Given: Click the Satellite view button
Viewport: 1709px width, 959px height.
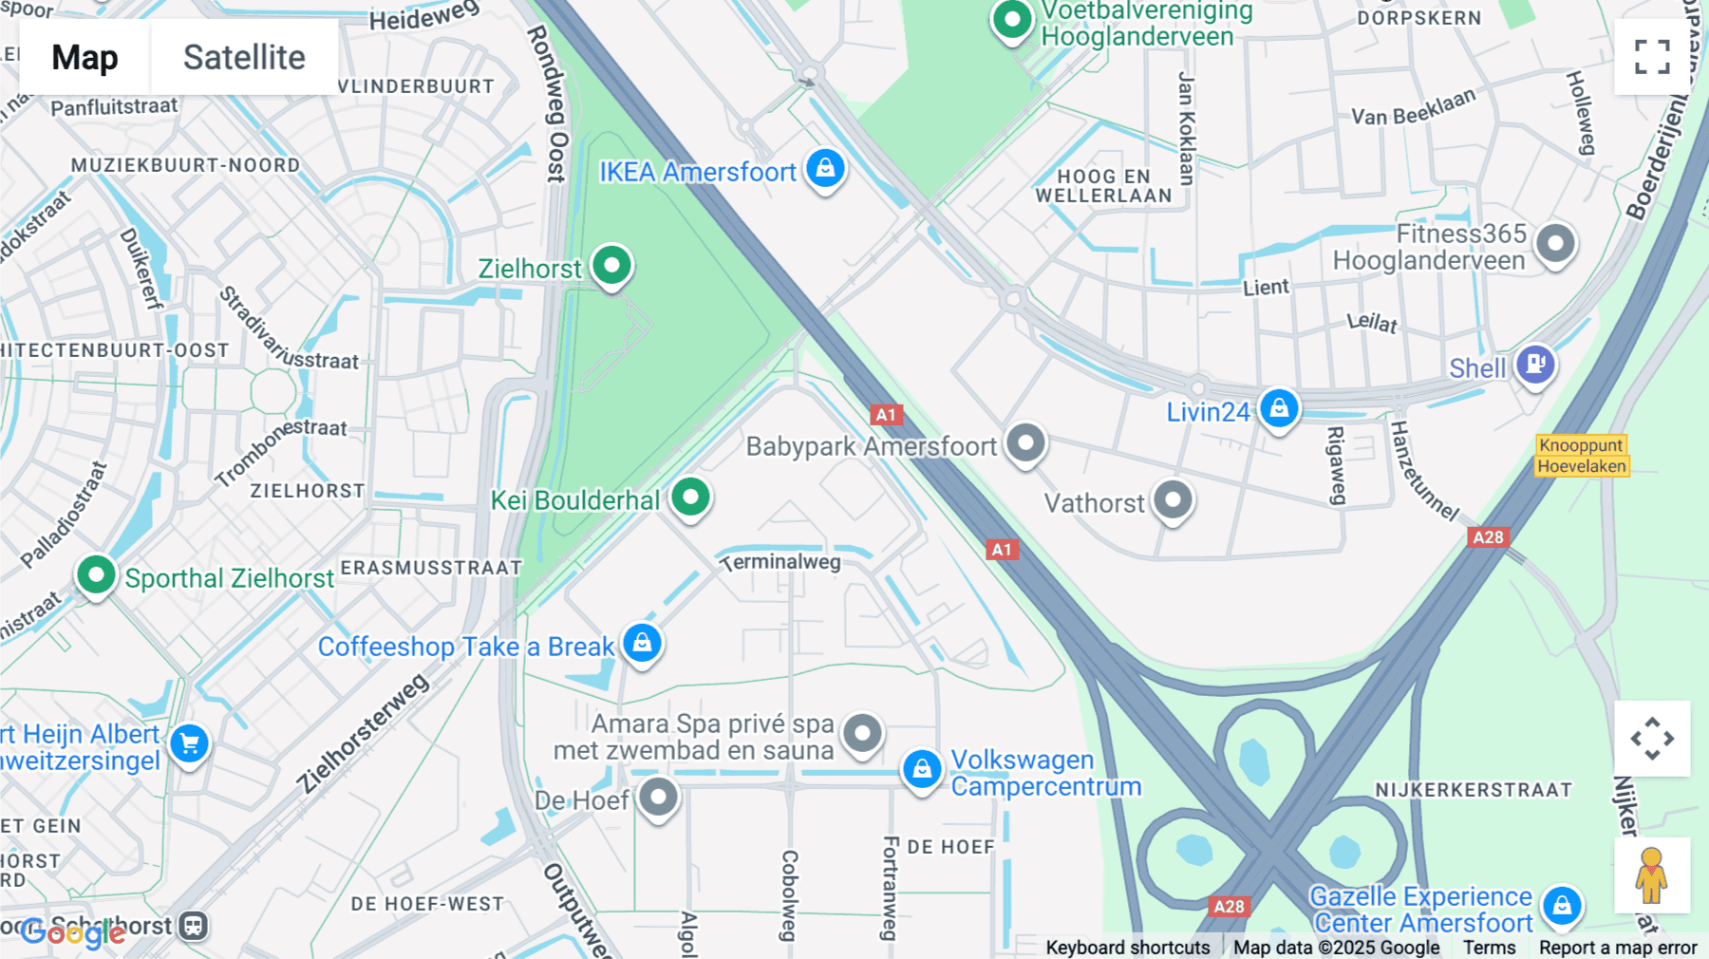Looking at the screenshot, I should [244, 57].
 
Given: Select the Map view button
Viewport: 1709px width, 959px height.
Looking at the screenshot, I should [85, 57].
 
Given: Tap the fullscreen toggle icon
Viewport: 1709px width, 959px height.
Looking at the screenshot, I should [1652, 57].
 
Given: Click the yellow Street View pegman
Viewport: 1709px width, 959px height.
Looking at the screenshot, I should [1652, 874].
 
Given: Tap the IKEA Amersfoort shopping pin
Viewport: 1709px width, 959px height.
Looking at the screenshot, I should [826, 169].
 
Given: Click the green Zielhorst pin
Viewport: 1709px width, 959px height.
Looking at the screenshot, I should [612, 266].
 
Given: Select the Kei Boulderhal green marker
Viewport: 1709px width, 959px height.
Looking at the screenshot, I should [690, 497].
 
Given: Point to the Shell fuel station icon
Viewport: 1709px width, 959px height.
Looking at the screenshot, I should [1535, 364].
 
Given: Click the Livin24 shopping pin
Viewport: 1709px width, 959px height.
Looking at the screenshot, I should [1279, 409].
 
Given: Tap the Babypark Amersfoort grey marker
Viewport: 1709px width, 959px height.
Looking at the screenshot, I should [1025, 443].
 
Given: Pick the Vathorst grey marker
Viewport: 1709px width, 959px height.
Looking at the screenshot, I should [1173, 500].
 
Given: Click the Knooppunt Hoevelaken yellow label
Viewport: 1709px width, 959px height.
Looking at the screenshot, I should [1582, 456].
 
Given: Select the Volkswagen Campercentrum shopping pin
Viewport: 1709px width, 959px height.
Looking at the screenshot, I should [922, 769].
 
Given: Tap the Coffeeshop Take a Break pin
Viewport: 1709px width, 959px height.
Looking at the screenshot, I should [642, 644].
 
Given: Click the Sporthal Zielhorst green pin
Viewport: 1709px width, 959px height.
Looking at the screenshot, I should [96, 575].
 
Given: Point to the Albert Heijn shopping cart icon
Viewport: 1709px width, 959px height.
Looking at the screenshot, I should [190, 744].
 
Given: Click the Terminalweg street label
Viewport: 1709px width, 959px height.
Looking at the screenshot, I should [780, 562].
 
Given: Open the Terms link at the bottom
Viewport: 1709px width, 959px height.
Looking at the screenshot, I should [1489, 947].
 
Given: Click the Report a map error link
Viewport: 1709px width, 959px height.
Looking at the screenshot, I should [1618, 947].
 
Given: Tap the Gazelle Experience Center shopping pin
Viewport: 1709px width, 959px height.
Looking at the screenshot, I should [1562, 906].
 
